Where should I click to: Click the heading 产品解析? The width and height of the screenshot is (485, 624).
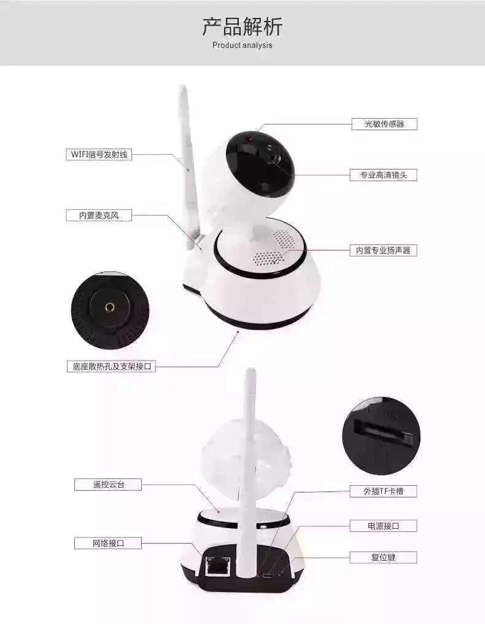click(243, 26)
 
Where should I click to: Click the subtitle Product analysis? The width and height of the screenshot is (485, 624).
click(243, 45)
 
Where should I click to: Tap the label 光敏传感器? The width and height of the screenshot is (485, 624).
click(384, 124)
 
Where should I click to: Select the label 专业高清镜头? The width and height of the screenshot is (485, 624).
click(384, 174)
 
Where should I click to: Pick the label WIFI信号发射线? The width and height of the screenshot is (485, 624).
click(99, 154)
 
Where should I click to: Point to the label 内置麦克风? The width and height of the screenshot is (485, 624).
click(99, 216)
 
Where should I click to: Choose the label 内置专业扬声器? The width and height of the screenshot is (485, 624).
click(384, 251)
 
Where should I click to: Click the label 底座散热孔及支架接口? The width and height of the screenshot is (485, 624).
click(111, 366)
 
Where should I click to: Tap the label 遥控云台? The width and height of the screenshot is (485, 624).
click(108, 485)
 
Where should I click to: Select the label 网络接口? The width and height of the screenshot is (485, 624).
click(108, 543)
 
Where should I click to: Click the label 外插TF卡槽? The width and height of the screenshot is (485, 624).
click(384, 491)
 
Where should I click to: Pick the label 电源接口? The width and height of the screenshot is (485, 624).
click(384, 526)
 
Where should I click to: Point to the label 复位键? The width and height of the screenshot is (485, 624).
click(384, 557)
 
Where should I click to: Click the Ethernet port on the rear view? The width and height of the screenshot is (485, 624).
click(217, 564)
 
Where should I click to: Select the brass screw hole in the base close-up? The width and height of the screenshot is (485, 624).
click(109, 307)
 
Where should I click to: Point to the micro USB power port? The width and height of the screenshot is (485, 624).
click(266, 575)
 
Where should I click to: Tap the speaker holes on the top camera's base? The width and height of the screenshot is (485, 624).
click(274, 248)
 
